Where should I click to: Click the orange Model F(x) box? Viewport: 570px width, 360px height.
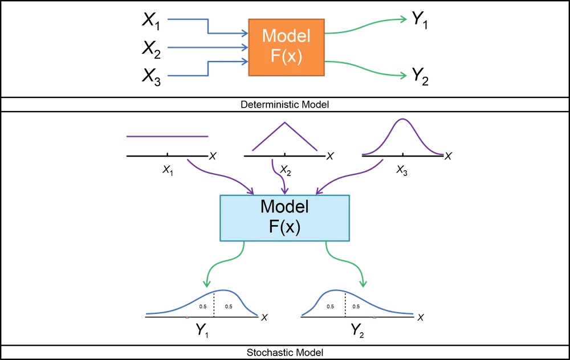286,46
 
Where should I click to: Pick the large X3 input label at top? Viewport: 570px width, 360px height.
152,76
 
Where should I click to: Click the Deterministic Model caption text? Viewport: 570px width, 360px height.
284,105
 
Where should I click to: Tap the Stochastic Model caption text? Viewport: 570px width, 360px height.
284,354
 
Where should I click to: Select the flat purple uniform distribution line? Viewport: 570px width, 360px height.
167,136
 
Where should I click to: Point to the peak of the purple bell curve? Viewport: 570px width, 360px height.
402,118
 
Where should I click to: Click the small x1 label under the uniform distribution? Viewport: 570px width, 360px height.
167,169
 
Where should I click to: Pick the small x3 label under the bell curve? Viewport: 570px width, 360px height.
402,169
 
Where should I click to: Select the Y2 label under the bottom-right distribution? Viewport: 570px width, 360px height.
357,330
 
